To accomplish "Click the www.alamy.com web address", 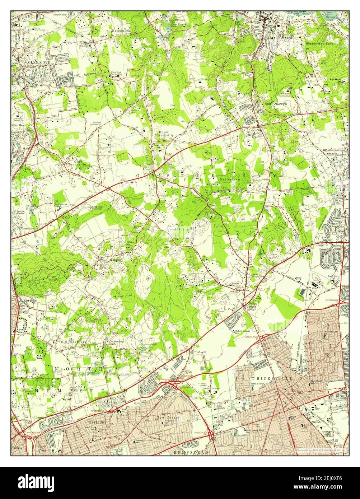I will [x=324, y=487].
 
